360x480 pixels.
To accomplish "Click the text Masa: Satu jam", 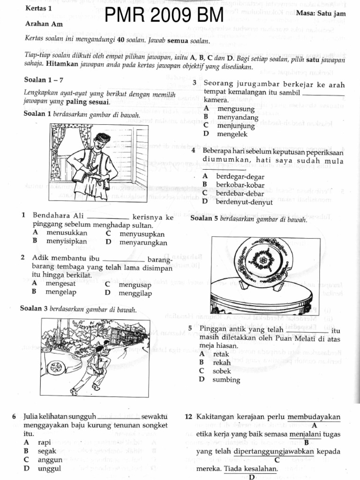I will point(321,14).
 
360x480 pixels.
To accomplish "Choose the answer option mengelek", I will point(232,134).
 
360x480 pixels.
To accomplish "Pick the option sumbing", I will point(226,380).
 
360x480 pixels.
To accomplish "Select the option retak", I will point(221,354).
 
